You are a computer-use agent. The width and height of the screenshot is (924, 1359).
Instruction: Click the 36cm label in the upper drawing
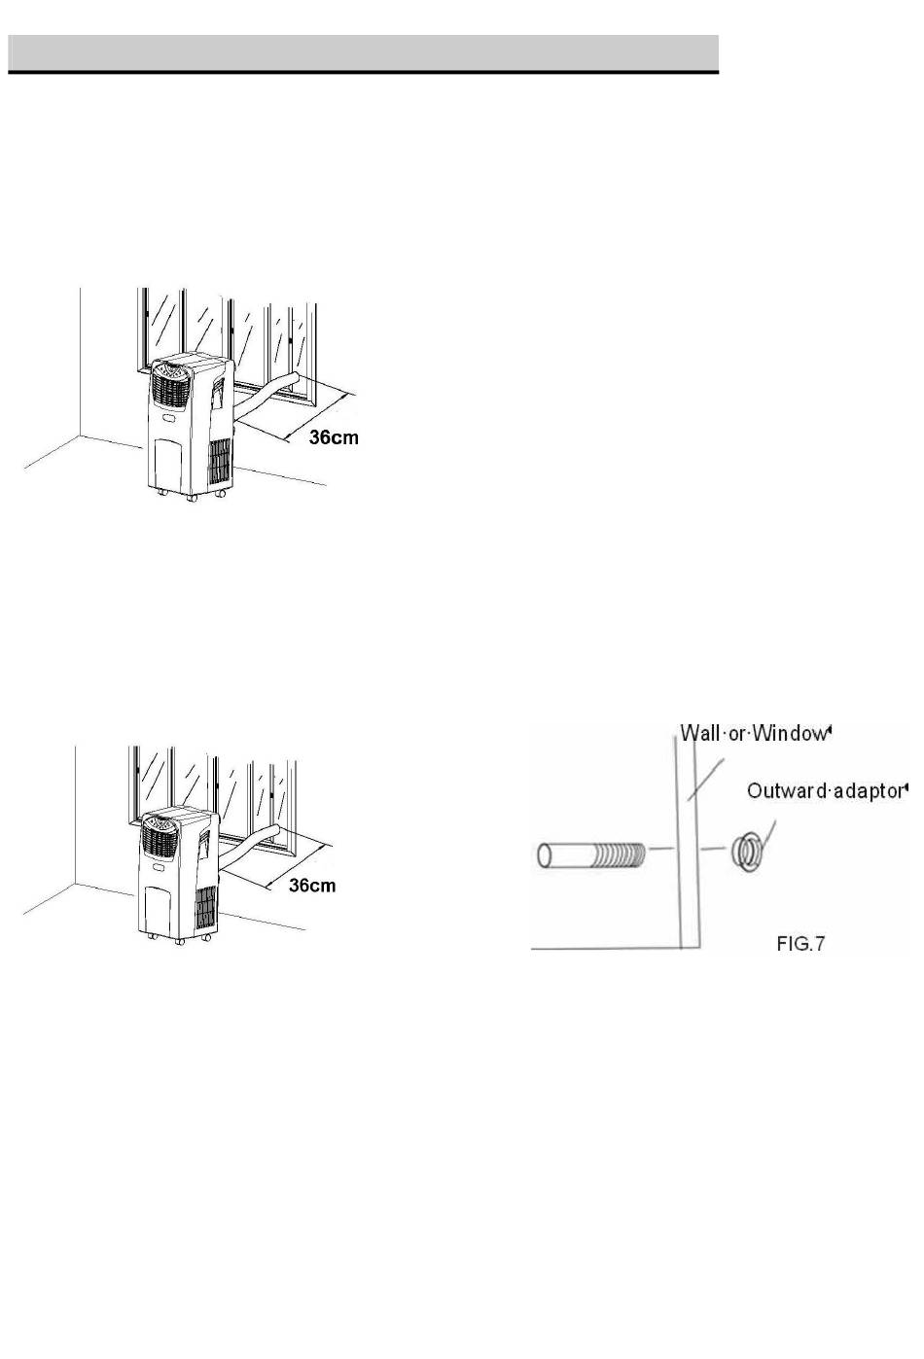coord(334,437)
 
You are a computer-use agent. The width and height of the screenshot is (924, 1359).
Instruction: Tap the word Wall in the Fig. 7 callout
coord(698,733)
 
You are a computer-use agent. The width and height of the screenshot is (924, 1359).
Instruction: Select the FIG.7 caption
coord(800,943)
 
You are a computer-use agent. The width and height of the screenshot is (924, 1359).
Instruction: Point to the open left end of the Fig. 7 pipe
coord(546,855)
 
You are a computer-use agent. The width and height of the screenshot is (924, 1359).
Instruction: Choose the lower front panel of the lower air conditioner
coord(160,909)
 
